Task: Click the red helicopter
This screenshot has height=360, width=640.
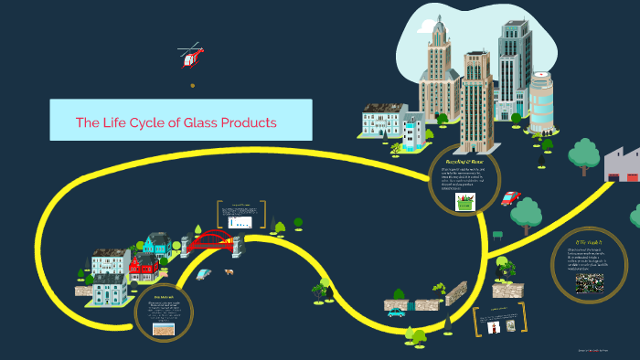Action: [x=191, y=57]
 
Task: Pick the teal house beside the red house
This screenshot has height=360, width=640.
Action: [x=156, y=245]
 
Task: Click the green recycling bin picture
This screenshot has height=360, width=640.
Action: [x=466, y=202]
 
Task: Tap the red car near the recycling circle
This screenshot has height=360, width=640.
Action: [x=510, y=198]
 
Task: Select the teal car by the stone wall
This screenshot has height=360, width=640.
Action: [x=396, y=312]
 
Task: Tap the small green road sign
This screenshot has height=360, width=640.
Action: [x=496, y=235]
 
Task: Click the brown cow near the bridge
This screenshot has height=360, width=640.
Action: [x=228, y=271]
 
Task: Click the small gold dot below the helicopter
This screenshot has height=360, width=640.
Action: [x=192, y=86]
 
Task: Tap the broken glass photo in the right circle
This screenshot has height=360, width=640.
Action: [x=589, y=282]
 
